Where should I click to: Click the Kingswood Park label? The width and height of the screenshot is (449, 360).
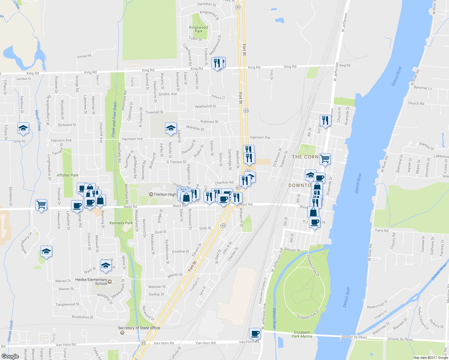coord(198,29)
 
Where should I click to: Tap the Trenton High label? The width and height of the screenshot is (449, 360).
coord(165,194)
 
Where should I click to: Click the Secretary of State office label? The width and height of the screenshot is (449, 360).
coord(139,328)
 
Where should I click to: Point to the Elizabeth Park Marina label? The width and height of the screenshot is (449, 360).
coord(302,334)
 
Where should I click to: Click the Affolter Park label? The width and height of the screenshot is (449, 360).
coord(67,175)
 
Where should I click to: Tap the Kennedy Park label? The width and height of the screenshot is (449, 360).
coord(121,223)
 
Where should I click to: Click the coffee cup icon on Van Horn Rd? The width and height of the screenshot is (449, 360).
coord(255,334)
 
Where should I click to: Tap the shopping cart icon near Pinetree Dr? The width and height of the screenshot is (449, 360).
coord(41,205)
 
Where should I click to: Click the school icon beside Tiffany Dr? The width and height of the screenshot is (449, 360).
coord(23,128)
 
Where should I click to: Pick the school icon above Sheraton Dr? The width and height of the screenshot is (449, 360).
coord(171,128)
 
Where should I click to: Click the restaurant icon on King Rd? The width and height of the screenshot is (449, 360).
coord(217,63)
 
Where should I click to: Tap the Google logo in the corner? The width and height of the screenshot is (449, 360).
coord(10,356)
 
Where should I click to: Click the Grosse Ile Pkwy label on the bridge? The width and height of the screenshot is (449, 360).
coord(354,337)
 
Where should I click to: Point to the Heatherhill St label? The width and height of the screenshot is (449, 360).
coord(205,106)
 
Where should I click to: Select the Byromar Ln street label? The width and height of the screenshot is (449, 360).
coord(423,88)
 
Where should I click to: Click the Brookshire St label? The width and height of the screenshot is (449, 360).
coord(83,317)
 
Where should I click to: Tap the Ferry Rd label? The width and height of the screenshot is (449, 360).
coord(382,231)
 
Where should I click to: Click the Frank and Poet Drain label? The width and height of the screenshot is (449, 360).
coord(114,119)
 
